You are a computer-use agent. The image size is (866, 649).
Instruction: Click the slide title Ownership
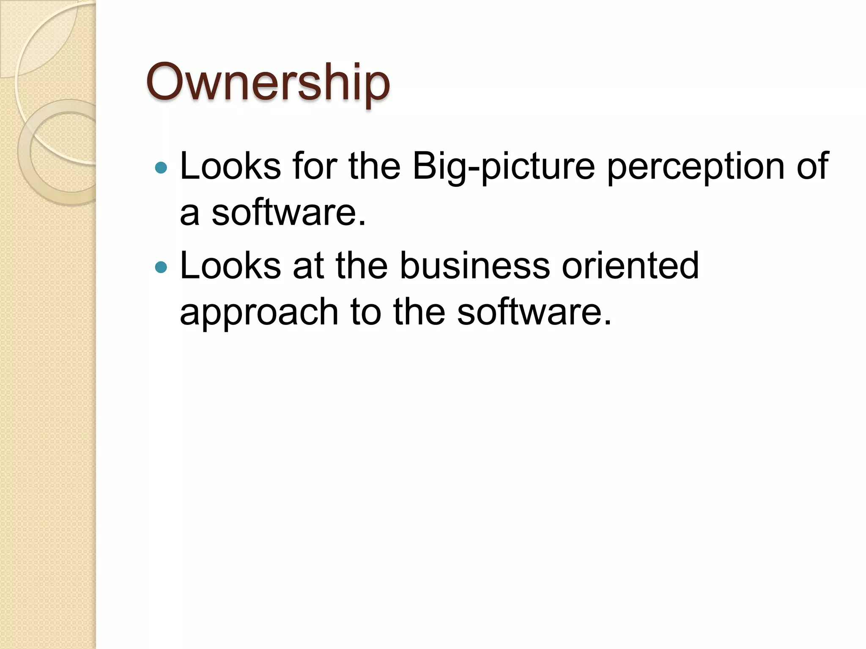267,83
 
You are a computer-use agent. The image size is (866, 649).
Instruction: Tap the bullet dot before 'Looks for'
161,168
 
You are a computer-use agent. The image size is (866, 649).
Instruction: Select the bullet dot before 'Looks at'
161,267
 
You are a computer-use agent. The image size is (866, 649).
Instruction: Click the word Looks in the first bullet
230,166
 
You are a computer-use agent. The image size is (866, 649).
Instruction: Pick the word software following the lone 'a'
288,212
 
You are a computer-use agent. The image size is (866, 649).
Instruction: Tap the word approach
259,313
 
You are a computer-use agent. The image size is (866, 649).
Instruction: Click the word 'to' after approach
366,312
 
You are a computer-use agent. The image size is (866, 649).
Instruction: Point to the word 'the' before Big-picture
375,166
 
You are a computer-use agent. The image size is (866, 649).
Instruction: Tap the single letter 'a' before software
189,214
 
